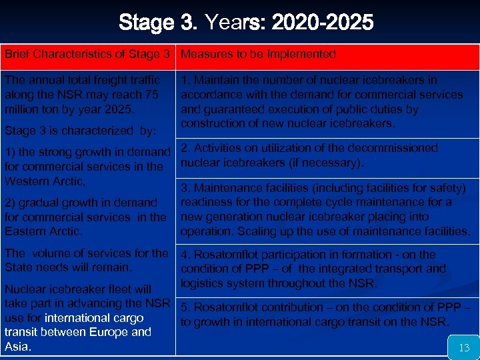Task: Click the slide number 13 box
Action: pos(464,347)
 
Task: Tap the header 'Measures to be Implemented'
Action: pos(259,54)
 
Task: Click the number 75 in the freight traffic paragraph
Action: pos(151,94)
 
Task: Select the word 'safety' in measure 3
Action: pos(447,188)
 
